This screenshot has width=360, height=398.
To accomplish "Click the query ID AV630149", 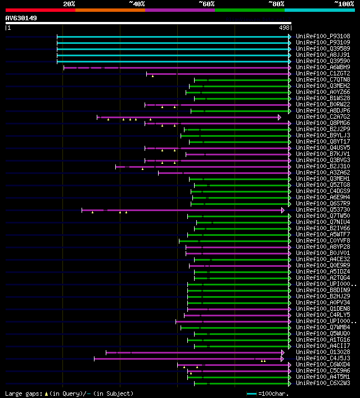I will pyautogui.click(x=21, y=18).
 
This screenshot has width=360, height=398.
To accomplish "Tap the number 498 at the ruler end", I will pyautogui.click(x=284, y=28).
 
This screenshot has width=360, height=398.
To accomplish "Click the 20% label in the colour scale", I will pyautogui.click(x=69, y=4).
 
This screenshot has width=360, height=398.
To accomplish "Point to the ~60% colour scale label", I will pyautogui.click(x=206, y=4).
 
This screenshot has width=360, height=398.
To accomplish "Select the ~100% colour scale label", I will pyautogui.click(x=344, y=4).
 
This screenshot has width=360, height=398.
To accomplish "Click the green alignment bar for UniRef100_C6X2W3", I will pyautogui.click(x=242, y=383).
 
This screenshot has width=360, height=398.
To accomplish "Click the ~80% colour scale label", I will pyautogui.click(x=276, y=4).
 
